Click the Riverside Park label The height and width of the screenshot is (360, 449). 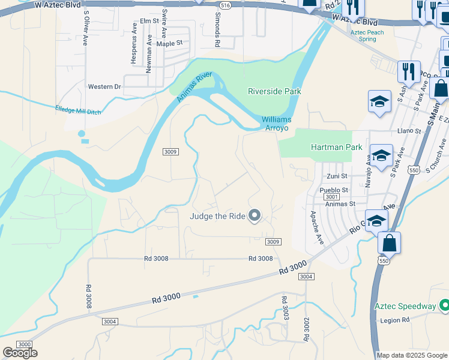click(x=274, y=91)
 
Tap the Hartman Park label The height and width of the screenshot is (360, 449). click(x=336, y=147)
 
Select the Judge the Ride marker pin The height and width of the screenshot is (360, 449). click(x=255, y=215)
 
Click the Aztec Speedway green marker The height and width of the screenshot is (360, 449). click(x=444, y=306)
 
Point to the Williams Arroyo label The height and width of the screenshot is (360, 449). click(x=276, y=124)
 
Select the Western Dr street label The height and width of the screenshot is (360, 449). click(x=104, y=87)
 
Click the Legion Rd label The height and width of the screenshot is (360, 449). click(x=395, y=320)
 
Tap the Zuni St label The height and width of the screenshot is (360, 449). click(x=337, y=176)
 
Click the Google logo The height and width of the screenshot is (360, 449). click(x=20, y=353)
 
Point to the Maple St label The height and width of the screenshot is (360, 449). click(x=169, y=44)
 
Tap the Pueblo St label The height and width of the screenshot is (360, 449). click(x=334, y=190)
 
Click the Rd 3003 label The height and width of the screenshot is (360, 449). click(x=286, y=307)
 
